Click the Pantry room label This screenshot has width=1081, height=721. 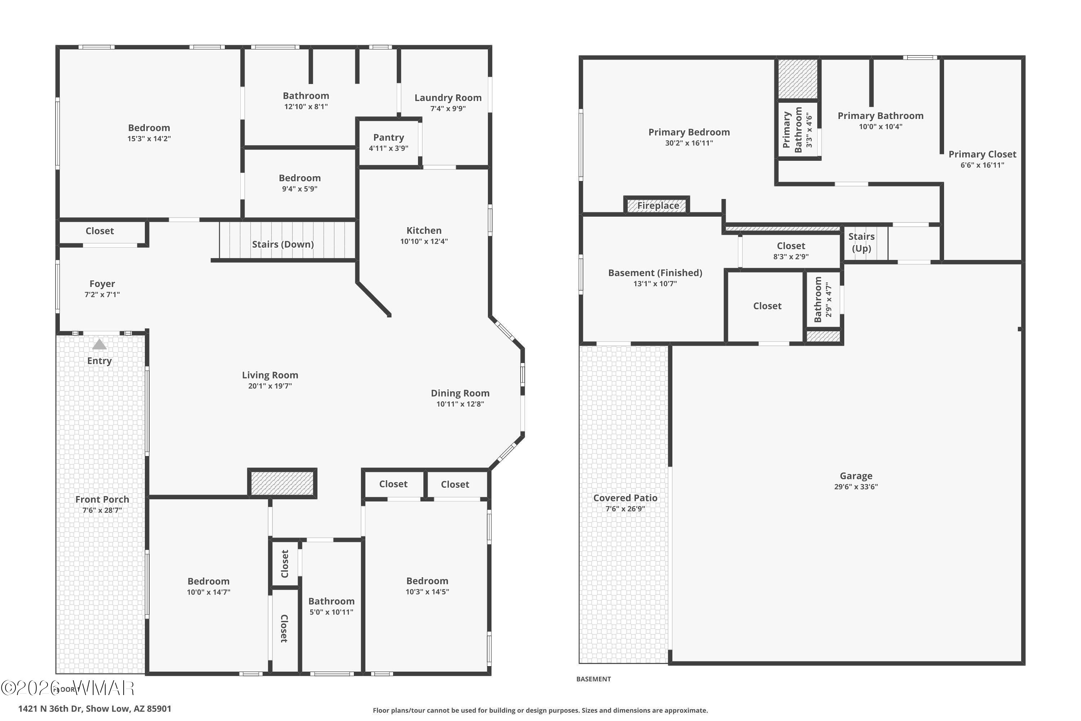[x=388, y=137]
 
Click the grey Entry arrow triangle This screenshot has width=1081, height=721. [x=99, y=344]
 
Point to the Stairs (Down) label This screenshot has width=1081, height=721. [x=283, y=244]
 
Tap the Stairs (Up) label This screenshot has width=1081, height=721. [x=861, y=242]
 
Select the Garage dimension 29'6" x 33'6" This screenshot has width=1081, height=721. [x=856, y=486]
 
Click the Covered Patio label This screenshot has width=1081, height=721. [x=625, y=497]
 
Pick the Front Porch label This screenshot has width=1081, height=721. [x=102, y=499]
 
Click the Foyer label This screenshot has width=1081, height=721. [x=102, y=284]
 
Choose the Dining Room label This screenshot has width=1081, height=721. [x=460, y=393]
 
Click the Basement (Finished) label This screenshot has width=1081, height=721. [x=655, y=273]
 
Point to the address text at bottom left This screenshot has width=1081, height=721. [x=95, y=709]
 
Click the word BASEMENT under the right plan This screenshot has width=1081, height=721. [x=593, y=679]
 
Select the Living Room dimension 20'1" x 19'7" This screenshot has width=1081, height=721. [x=270, y=386]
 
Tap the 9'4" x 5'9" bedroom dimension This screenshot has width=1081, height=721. [x=300, y=189]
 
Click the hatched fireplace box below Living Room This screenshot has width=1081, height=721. [x=282, y=483]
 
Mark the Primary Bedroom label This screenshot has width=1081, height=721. [x=689, y=132]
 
